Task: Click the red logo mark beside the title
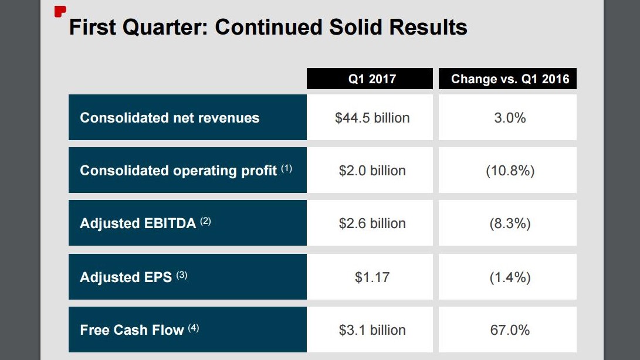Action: click(x=59, y=11)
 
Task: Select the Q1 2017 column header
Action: click(x=372, y=79)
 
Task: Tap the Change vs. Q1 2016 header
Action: click(x=510, y=79)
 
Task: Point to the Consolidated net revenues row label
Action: click(x=170, y=118)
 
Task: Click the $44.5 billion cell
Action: click(x=372, y=118)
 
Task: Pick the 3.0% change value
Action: click(x=510, y=118)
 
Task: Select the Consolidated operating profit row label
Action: click(x=178, y=171)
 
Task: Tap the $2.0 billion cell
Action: click(x=372, y=171)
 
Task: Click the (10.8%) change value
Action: click(x=510, y=171)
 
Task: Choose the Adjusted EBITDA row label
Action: click(x=138, y=223)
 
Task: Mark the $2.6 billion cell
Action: click(x=372, y=223)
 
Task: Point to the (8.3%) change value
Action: click(x=510, y=223)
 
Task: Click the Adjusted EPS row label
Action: click(x=126, y=277)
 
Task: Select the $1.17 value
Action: click(x=372, y=277)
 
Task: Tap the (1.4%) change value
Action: click(x=510, y=277)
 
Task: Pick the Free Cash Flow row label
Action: click(x=132, y=330)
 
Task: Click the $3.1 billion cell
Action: click(x=372, y=330)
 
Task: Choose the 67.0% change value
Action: click(x=510, y=330)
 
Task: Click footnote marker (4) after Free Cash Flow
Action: click(x=194, y=328)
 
